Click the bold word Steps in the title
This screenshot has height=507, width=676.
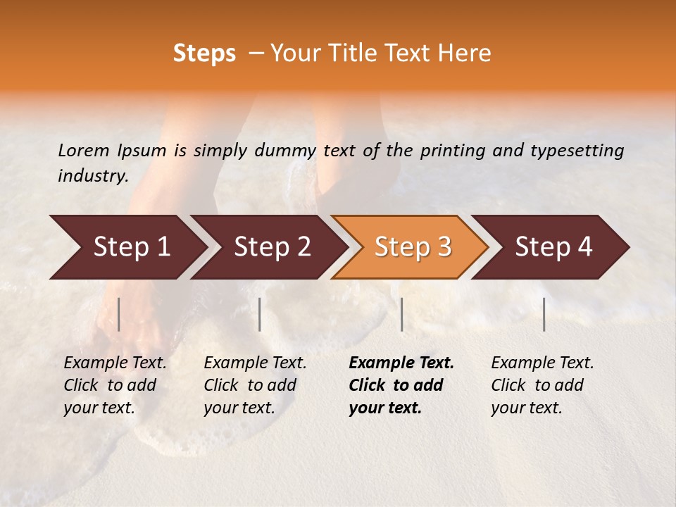[204, 54]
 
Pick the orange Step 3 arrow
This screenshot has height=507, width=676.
[413, 247]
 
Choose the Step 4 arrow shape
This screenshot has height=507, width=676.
[553, 247]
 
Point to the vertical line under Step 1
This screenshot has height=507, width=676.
[119, 314]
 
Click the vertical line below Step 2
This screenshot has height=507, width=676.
[260, 314]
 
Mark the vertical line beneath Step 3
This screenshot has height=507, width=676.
[401, 314]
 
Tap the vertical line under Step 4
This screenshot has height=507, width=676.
[544, 314]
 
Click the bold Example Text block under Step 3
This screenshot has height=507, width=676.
[401, 385]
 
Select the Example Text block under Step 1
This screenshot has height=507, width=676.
[115, 385]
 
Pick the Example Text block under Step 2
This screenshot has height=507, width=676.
[255, 385]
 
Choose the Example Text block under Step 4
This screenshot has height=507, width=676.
[542, 385]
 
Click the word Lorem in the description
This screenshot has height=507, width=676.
[84, 150]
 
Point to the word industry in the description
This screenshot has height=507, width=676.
[92, 176]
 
